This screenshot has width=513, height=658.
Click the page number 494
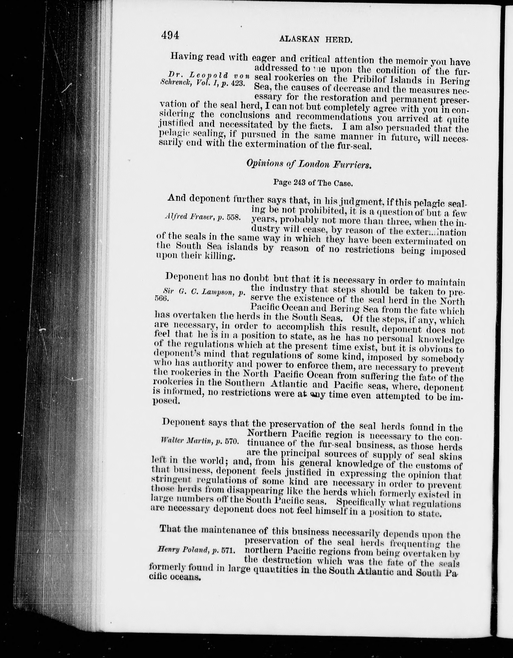coord(170,36)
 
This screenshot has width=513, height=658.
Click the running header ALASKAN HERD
coord(316,39)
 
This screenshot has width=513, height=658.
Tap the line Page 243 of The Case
coord(313,183)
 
